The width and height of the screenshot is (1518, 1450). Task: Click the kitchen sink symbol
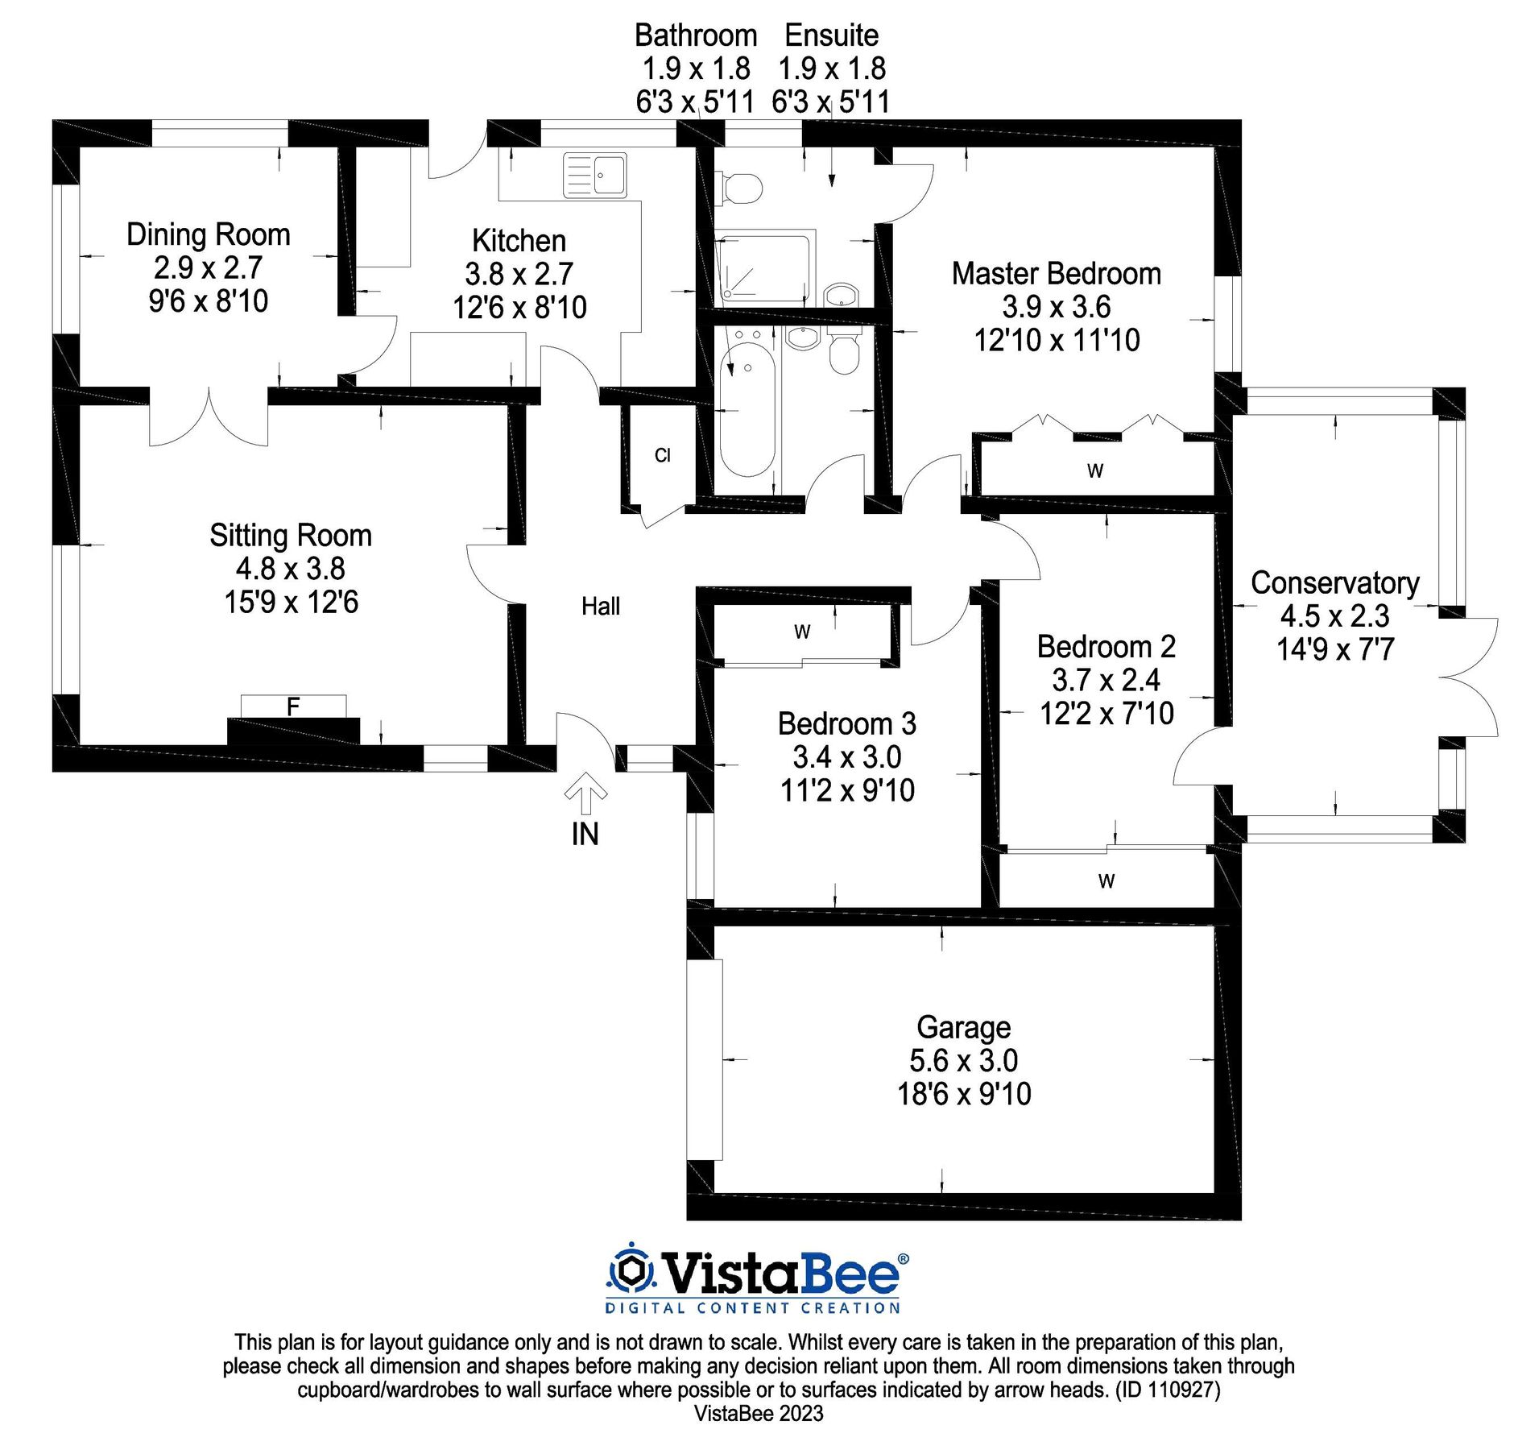tap(594, 175)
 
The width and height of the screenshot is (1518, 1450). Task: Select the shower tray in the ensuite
tap(764, 269)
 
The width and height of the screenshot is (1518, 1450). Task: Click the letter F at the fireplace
tap(293, 706)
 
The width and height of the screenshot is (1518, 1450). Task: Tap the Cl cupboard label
tap(662, 456)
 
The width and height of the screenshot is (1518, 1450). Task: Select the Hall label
tap(601, 606)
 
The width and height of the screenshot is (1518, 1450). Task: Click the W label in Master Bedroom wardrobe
tap(1094, 471)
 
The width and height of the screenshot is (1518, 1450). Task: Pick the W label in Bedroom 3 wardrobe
tap(802, 632)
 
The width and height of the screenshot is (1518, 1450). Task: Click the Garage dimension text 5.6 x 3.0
tap(963, 1060)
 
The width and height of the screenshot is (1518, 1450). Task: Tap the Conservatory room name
tap(1334, 582)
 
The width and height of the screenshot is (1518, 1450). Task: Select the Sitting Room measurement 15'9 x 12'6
tap(291, 602)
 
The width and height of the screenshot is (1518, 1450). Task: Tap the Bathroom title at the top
tap(696, 35)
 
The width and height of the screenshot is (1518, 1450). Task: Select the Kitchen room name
tap(519, 241)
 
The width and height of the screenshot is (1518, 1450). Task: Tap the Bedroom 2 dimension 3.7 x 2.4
tap(1106, 680)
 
